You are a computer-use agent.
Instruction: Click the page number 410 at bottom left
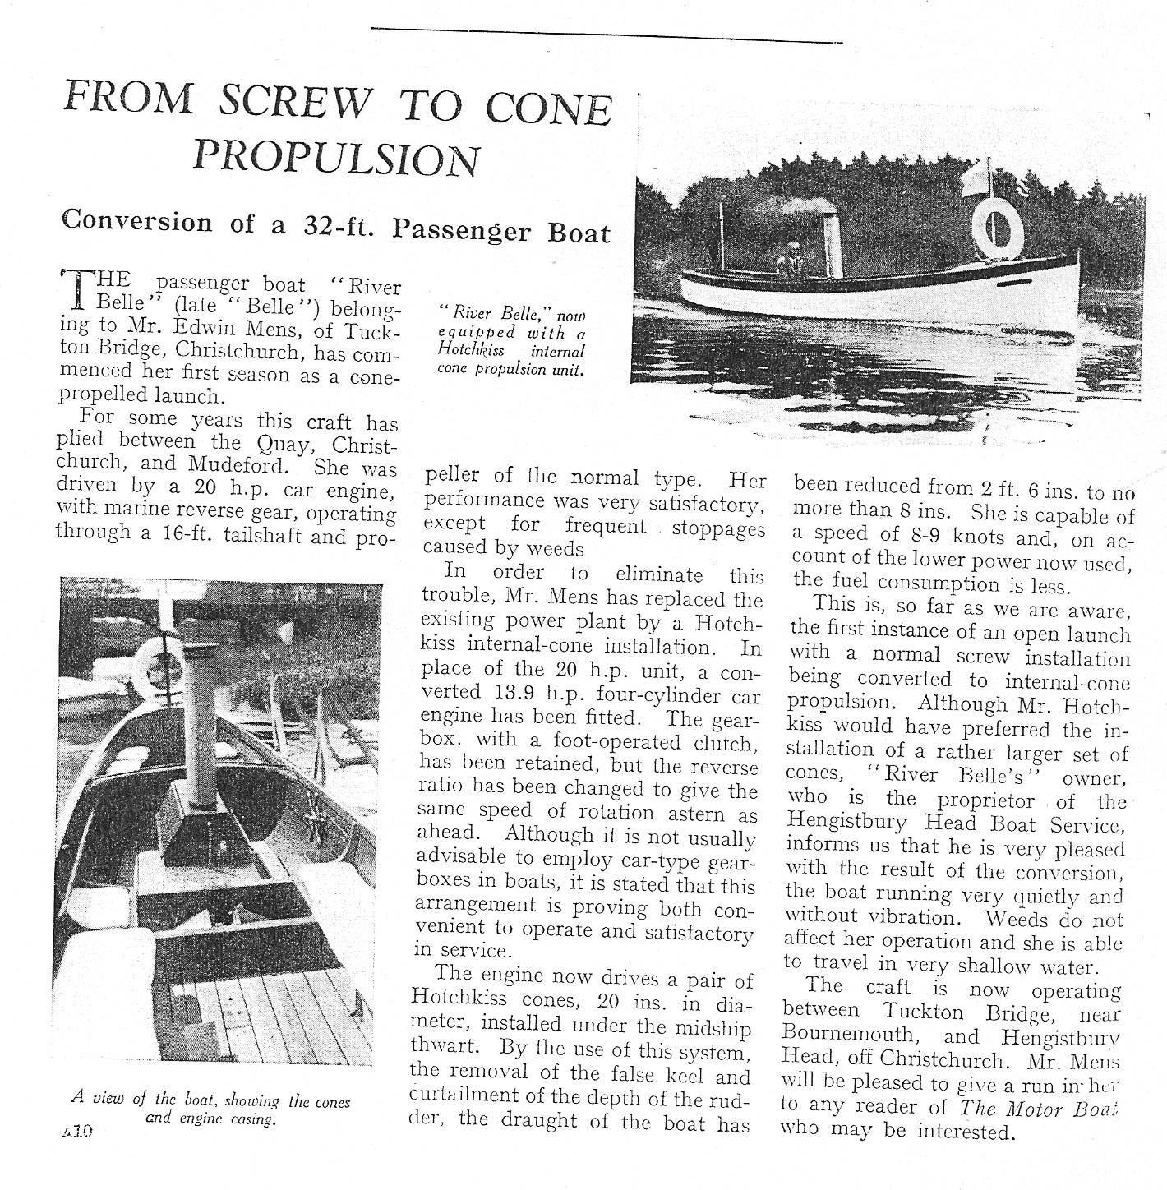(78, 1130)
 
